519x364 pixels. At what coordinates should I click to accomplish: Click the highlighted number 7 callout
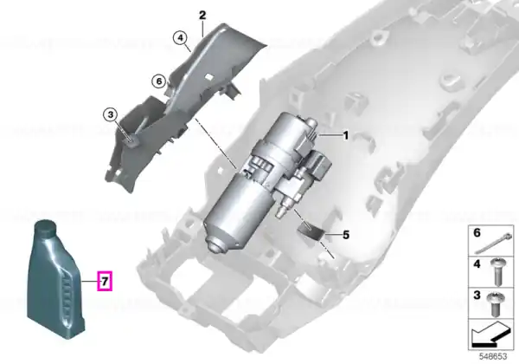pos(105,281)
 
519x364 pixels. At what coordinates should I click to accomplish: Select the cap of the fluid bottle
pos(45,228)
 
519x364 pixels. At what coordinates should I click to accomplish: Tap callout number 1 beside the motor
pos(345,135)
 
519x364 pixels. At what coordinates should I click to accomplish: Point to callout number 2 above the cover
pos(202,15)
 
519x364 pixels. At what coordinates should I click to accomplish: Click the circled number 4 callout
pos(180,38)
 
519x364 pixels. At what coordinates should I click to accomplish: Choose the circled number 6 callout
pos(159,81)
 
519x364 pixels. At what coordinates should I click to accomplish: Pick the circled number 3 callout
pos(110,115)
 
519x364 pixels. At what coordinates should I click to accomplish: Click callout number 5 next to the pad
pos(346,235)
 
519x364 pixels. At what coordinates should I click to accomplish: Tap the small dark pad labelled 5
pos(311,231)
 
